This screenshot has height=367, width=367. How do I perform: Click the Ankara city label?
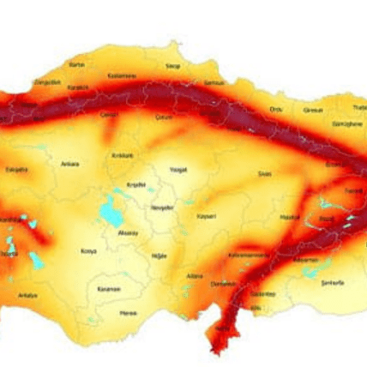(69, 163)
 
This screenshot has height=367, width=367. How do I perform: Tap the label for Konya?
(88, 251)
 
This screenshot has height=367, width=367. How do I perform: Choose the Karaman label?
(107, 289)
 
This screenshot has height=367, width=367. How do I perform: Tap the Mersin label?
(129, 313)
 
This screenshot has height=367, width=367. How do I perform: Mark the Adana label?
(197, 276)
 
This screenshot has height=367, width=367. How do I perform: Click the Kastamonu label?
(122, 75)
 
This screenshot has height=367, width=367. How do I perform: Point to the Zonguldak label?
(47, 82)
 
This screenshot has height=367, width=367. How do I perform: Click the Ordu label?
(276, 109)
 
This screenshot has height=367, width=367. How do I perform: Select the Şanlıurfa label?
(330, 282)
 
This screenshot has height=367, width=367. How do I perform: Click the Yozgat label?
(177, 169)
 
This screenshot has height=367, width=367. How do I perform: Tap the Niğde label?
(157, 256)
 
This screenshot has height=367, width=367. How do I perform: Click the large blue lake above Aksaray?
(111, 211)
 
